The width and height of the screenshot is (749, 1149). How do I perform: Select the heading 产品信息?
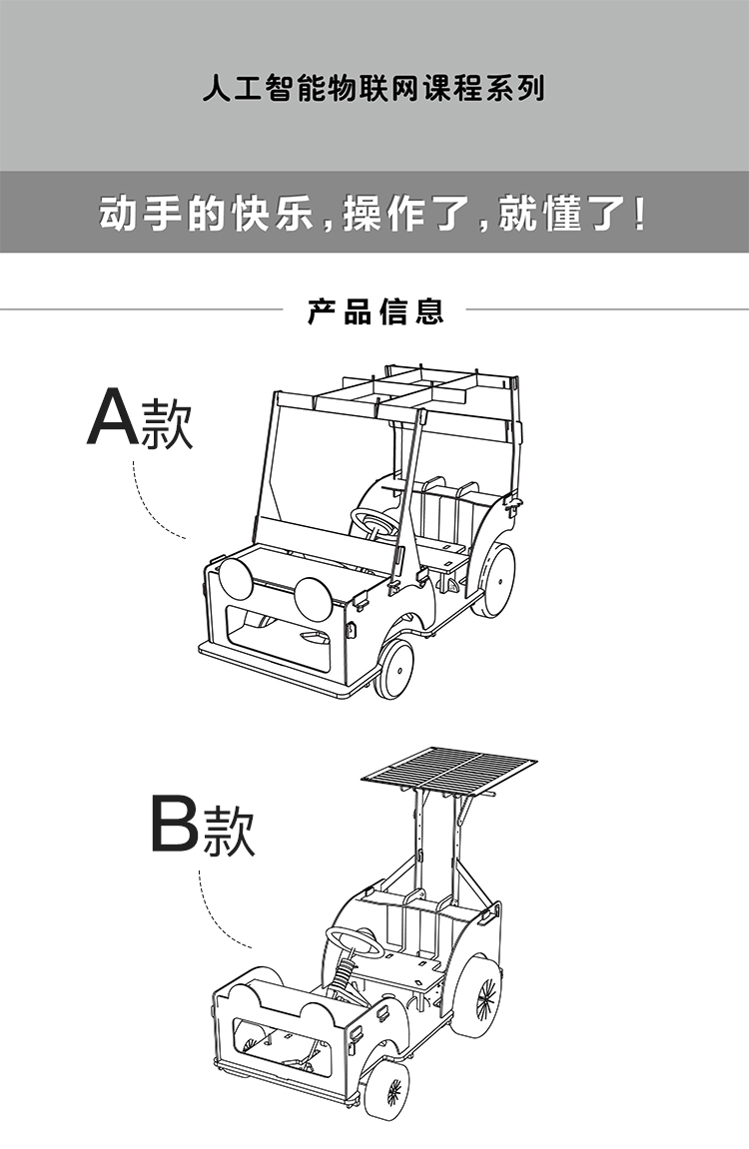[x=374, y=311]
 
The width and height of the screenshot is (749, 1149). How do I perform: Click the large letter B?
[x=174, y=824]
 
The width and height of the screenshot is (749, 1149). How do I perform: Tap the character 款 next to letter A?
[x=167, y=424]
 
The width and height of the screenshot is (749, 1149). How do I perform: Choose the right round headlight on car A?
[x=312, y=597]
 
